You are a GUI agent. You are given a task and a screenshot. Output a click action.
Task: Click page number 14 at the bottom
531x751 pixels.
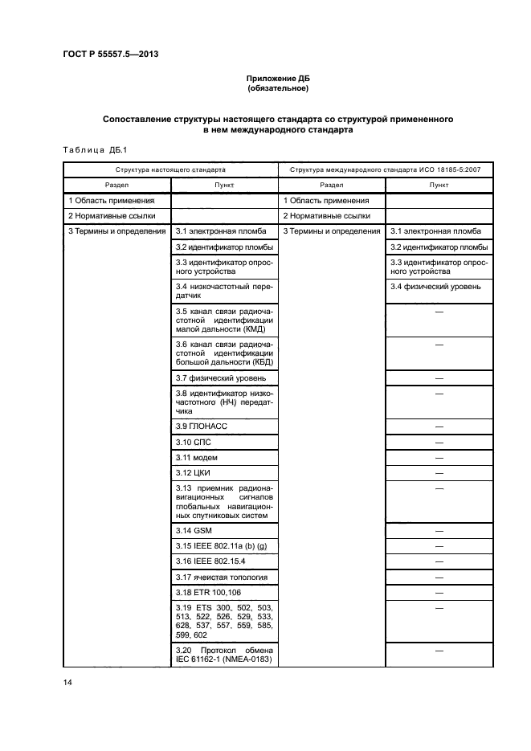pyautogui.click(x=68, y=682)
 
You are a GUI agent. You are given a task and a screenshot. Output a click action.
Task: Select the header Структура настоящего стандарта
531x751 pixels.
pyautogui.click(x=170, y=170)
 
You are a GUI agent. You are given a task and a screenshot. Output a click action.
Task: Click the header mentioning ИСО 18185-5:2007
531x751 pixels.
pyautogui.click(x=385, y=170)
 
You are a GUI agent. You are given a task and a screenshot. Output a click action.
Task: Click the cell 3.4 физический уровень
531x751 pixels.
pyautogui.click(x=435, y=286)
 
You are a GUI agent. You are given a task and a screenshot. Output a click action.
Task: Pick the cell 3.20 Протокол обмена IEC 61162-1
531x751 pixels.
pyautogui.click(x=224, y=655)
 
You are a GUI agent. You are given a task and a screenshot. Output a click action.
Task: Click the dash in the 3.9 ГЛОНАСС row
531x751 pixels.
pyautogui.click(x=439, y=426)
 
